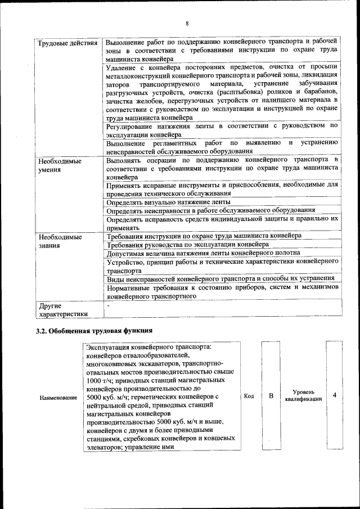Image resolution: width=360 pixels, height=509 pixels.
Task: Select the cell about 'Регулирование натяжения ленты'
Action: pos(222,130)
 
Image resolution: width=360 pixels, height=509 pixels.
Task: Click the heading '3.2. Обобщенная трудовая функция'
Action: pos(94,330)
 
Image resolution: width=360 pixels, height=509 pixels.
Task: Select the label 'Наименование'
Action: pos(58,398)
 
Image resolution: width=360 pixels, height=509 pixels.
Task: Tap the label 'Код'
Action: pos(248,396)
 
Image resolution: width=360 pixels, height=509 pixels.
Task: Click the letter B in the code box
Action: pos(271,396)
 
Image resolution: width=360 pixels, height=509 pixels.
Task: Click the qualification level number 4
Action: pos(335,395)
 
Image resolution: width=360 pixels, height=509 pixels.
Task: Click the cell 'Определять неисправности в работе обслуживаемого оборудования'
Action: pos(210,210)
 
